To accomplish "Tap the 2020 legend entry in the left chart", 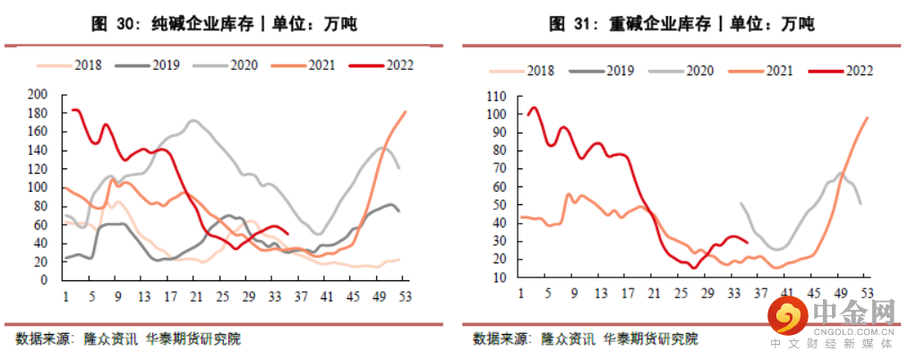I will pos(242,64).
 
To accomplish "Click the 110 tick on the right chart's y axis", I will pos(496,96).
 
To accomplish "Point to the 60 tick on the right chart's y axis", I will pos(499,187).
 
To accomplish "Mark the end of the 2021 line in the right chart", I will pos(867,117).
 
